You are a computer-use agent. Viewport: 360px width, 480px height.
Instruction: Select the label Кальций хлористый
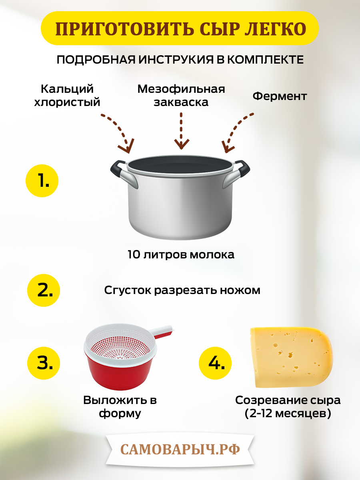coord(67,95)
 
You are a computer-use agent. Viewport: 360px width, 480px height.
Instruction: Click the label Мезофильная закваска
coord(181,95)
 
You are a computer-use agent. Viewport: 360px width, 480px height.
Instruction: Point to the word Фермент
coord(280,96)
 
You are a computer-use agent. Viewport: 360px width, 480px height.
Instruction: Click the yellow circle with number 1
coord(42,182)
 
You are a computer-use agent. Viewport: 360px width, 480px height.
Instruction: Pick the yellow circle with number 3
coord(44,362)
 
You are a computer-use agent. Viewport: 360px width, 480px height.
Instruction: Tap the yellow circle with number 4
coord(215,362)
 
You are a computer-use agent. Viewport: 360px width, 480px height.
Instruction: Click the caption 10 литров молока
coord(181,254)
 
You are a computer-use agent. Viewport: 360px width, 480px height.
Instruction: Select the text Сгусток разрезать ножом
coord(182,290)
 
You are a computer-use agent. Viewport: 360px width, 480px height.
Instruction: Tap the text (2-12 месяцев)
coord(288,413)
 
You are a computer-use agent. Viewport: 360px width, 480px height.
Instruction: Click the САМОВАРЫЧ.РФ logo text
coord(180,449)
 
